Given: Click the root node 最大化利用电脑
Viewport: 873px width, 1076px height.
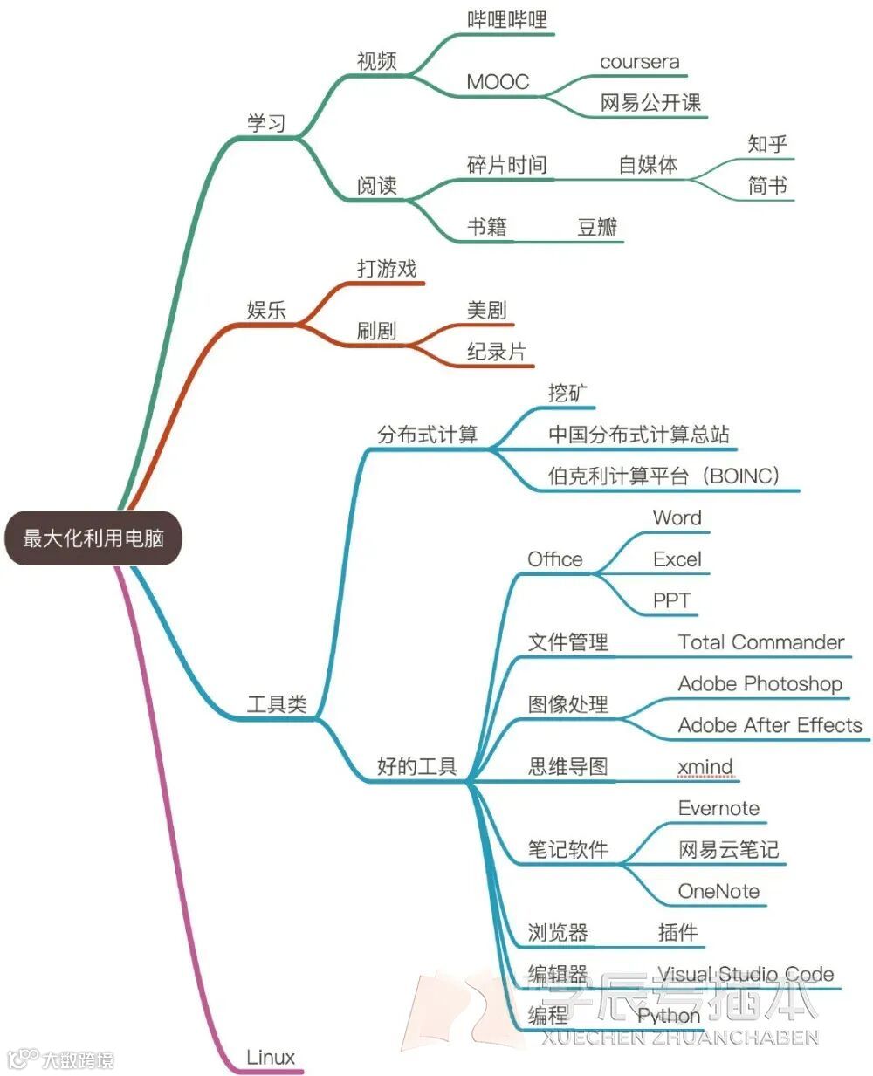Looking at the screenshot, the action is click(93, 538).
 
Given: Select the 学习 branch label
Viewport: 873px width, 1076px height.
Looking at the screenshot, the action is click(266, 123).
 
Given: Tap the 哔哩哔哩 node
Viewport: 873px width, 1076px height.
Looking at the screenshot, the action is click(507, 19).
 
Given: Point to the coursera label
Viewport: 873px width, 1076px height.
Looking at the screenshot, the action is click(639, 62).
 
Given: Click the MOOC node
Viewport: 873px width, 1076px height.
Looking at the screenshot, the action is click(498, 82).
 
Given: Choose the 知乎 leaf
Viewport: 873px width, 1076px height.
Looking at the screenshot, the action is click(767, 144).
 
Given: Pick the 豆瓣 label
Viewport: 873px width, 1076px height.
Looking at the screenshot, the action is click(597, 228).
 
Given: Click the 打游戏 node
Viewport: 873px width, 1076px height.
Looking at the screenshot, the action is click(387, 269).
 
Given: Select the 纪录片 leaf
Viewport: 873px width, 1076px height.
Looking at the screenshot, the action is click(497, 352).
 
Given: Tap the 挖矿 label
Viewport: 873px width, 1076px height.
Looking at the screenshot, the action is click(568, 394).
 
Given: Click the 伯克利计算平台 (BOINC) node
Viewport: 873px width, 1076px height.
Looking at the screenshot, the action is click(663, 476).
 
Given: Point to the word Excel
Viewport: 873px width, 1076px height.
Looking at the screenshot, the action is click(677, 559).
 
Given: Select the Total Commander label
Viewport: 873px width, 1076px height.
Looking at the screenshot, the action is click(761, 642).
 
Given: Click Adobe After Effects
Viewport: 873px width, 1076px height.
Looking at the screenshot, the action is click(769, 725).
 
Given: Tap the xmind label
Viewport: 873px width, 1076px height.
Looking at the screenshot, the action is click(705, 767).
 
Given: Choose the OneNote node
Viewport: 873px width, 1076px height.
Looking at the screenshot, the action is click(718, 891).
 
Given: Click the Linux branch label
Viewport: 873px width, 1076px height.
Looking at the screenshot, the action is click(271, 1057).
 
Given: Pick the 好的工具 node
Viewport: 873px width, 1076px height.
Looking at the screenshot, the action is click(417, 767).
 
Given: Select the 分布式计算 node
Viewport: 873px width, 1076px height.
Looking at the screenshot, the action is click(428, 435).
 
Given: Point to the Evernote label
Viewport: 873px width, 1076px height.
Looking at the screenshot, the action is click(718, 808).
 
